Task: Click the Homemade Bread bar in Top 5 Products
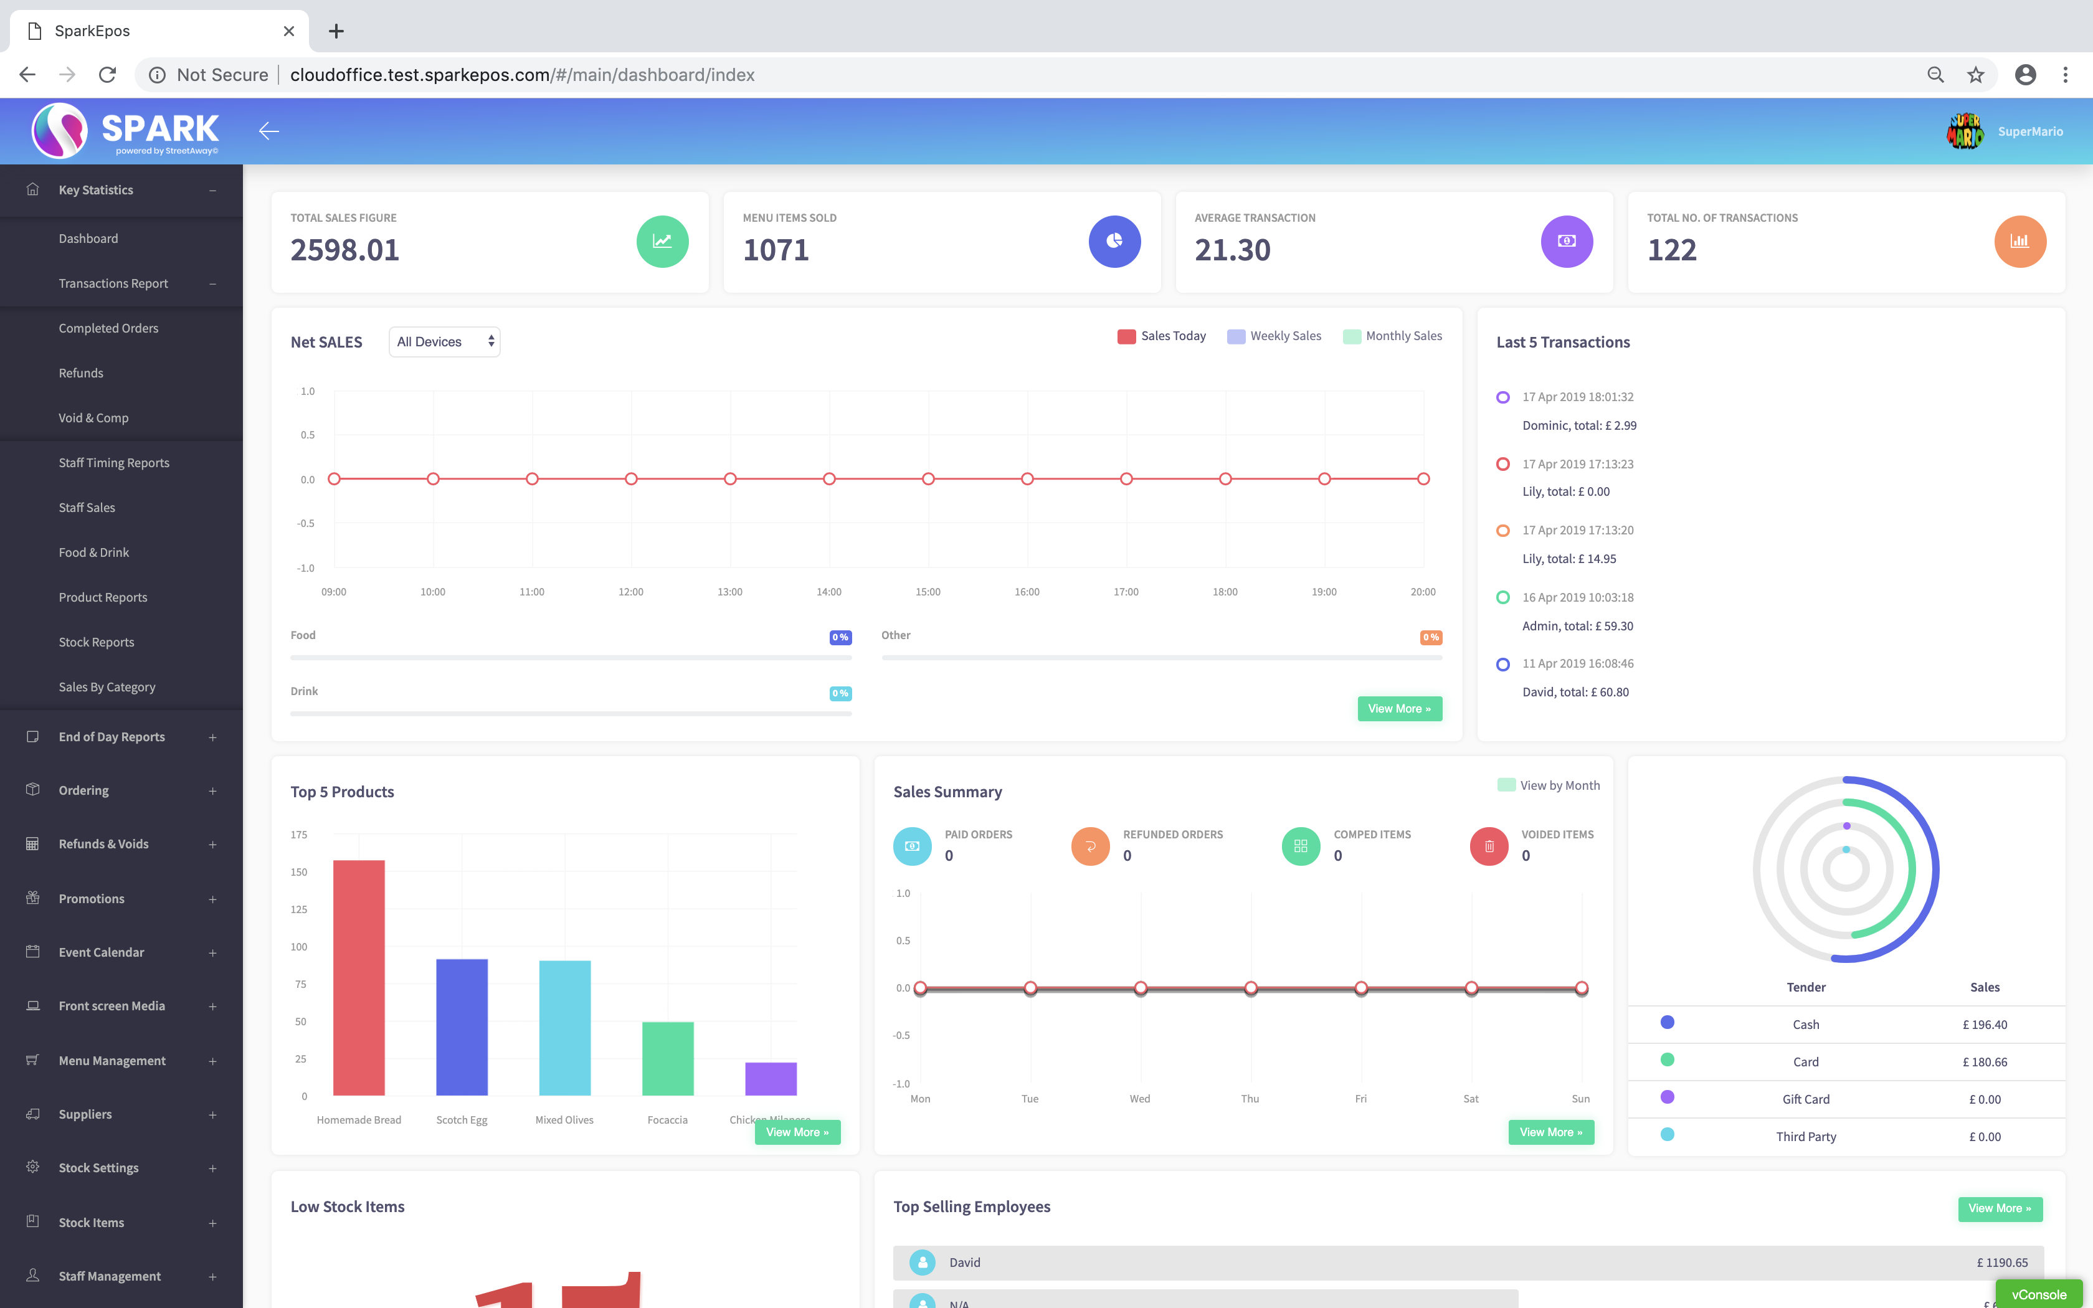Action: point(359,977)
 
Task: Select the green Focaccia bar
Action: point(668,1058)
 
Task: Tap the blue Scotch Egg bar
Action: point(462,1027)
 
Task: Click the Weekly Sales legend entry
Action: point(1275,336)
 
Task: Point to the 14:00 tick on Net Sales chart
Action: point(828,592)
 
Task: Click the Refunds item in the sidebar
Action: point(80,373)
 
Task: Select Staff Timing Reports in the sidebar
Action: point(114,463)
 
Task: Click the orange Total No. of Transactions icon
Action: point(2019,242)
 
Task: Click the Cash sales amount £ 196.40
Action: point(1985,1024)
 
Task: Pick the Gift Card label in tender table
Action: point(1806,1099)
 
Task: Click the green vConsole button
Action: point(2039,1294)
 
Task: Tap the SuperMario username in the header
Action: point(2030,131)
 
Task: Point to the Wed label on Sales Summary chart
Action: point(1140,1099)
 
